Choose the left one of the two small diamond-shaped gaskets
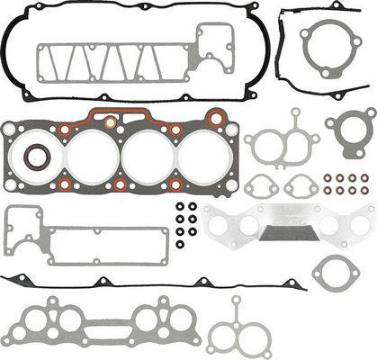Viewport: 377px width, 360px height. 261,187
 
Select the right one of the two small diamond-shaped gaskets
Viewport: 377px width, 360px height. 300,187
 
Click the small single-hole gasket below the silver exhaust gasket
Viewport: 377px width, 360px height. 335,270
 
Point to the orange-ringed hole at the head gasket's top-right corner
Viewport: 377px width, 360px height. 216,118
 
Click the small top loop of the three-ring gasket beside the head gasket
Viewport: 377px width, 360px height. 294,115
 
